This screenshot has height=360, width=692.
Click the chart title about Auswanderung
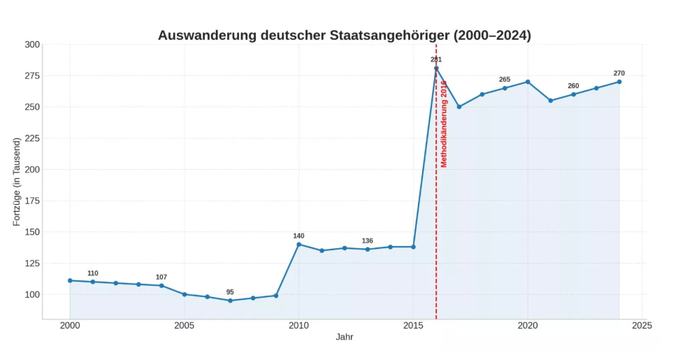tap(344, 35)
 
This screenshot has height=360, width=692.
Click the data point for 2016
tap(436, 69)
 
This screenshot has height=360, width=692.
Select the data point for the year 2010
tap(298, 244)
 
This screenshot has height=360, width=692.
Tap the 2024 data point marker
tap(619, 82)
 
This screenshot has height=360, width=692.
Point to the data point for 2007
tap(230, 301)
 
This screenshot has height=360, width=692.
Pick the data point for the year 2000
tap(70, 280)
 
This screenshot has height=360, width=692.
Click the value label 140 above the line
tap(298, 236)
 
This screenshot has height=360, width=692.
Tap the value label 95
tap(230, 292)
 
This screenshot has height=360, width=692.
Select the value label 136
tap(367, 240)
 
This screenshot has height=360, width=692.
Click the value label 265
tap(505, 80)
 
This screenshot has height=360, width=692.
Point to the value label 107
tap(161, 277)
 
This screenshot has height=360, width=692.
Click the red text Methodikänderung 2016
tap(443, 124)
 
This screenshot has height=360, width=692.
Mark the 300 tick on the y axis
tap(32, 45)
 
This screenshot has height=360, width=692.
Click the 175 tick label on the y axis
tap(32, 201)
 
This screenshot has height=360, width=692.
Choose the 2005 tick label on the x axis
tap(185, 325)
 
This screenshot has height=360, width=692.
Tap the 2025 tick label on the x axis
tap(642, 325)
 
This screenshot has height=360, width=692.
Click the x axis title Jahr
tap(344, 337)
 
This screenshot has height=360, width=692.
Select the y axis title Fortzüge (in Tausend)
tap(17, 182)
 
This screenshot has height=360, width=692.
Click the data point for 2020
tap(528, 82)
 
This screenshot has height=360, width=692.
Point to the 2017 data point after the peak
tap(459, 107)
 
